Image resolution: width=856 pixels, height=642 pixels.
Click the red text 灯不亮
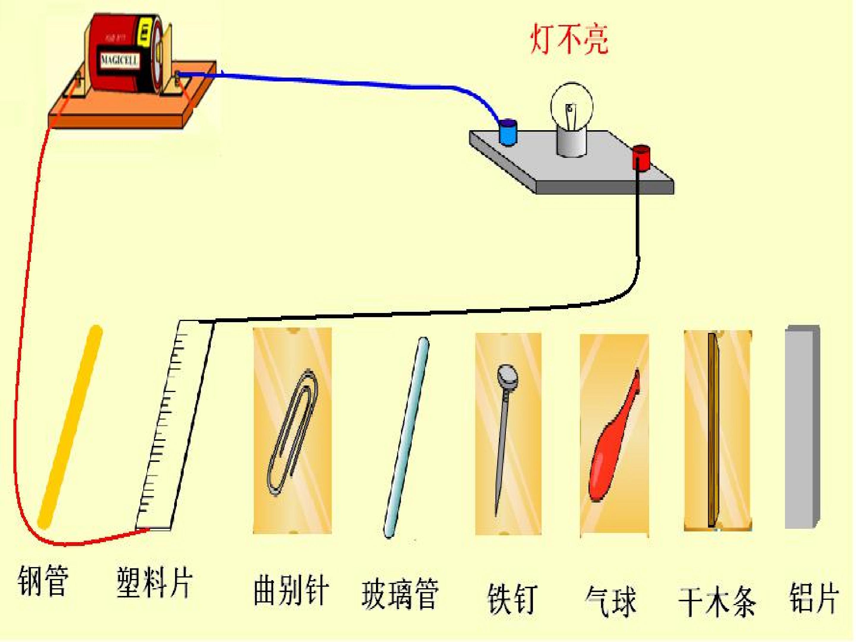coord(569,40)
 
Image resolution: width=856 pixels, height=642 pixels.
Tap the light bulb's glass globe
coord(572,104)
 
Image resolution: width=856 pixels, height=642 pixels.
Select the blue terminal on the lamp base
coord(508,132)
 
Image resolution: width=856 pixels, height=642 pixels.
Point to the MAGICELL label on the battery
coord(119,61)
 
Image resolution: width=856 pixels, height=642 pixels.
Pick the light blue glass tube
coord(406,437)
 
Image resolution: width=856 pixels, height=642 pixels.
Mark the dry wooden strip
coord(713,429)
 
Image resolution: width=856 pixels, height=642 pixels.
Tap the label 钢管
coord(43,581)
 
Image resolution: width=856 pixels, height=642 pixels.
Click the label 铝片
coord(814,598)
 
